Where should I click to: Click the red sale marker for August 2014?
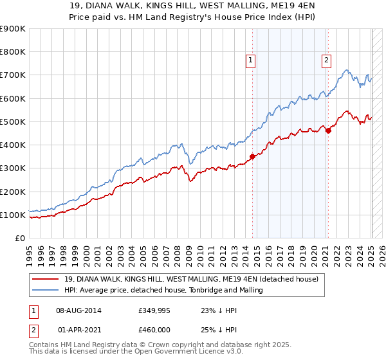pyautogui.click(x=253, y=156)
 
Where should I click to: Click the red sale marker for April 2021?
pyautogui.click(x=328, y=130)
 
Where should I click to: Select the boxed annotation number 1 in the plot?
pyautogui.click(x=250, y=60)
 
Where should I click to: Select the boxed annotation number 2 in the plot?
pyautogui.click(x=326, y=60)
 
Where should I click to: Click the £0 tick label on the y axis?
pyautogui.click(x=21, y=239)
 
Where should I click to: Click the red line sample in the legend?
pyautogui.click(x=46, y=278)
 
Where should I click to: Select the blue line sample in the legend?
pyautogui.click(x=46, y=290)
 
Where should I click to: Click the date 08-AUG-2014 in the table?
pyautogui.click(x=78, y=310)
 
